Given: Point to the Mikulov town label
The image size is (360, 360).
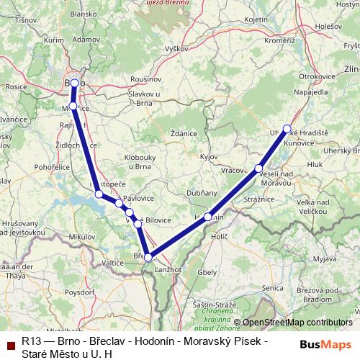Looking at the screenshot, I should [81, 236].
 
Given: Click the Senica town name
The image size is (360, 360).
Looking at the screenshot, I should [274, 288].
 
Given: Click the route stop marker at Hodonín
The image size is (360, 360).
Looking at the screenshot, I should [208, 217].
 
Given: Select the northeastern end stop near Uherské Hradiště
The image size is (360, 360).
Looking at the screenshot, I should [287, 129].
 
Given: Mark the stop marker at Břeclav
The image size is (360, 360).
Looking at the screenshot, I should [148, 257].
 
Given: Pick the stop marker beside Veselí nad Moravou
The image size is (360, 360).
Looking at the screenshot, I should [258, 168].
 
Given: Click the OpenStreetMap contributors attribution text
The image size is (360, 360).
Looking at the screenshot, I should [297, 323].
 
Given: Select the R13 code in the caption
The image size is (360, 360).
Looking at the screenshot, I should [31, 341].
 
